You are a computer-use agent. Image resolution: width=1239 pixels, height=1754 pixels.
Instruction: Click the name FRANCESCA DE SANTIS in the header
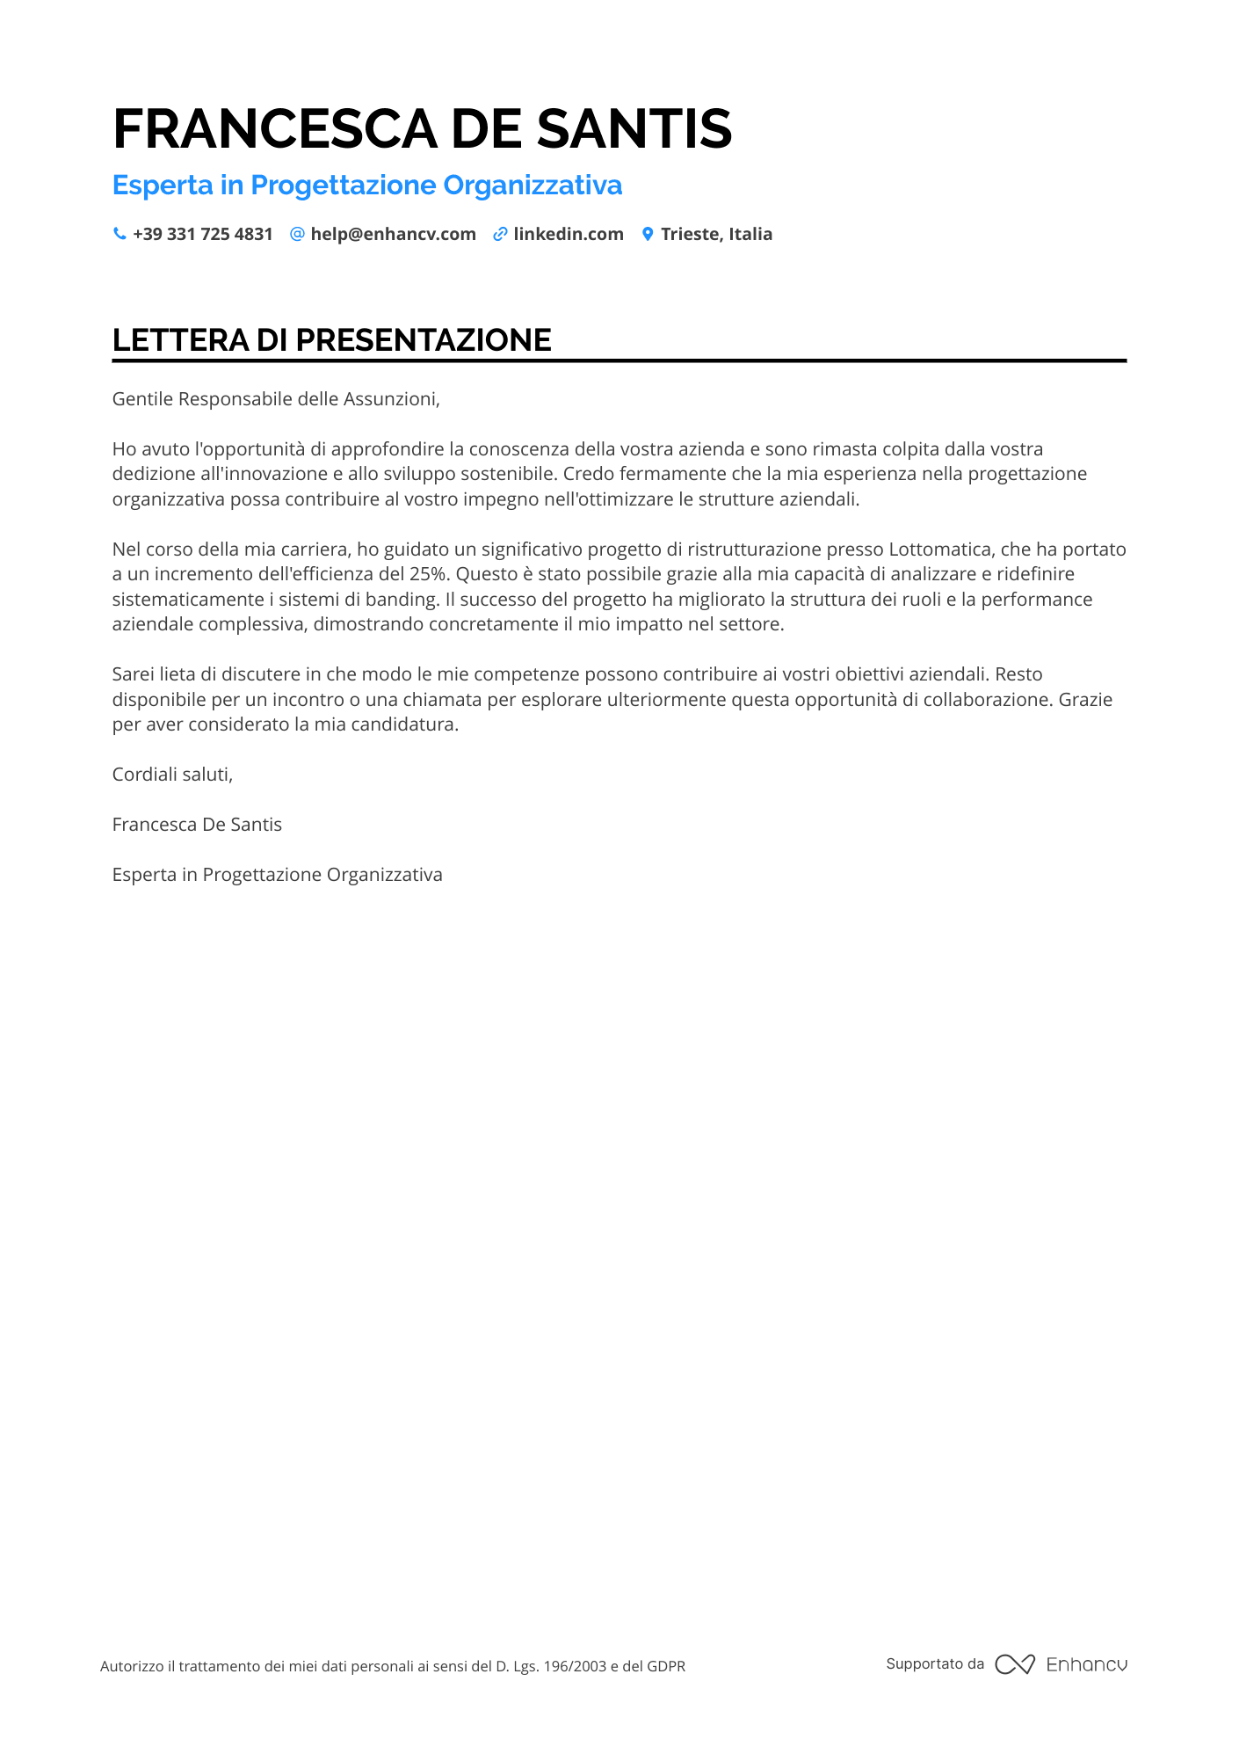(x=422, y=128)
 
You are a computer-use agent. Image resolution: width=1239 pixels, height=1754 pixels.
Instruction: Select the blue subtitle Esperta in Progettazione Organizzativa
(x=367, y=186)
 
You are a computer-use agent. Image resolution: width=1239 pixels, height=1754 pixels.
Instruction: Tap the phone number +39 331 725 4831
(x=202, y=234)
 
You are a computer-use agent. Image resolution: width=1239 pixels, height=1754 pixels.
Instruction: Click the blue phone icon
(x=120, y=234)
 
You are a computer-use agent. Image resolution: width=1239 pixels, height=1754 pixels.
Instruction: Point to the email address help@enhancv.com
(x=393, y=234)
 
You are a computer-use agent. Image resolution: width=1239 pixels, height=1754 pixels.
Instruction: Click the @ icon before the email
(x=297, y=234)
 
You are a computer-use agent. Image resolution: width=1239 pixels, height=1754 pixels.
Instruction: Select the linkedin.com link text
(x=569, y=234)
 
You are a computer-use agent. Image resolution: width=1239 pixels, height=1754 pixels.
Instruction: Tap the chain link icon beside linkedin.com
(x=500, y=234)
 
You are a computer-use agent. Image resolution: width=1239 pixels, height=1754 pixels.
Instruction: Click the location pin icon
(x=648, y=234)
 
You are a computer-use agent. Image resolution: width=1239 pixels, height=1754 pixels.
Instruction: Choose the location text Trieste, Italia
(x=716, y=234)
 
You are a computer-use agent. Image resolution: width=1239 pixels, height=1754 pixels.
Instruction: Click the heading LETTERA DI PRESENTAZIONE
(x=331, y=340)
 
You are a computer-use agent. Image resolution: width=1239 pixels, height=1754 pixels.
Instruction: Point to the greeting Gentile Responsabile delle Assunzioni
(x=276, y=399)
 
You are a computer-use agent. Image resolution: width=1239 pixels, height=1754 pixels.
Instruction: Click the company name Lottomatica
(x=939, y=549)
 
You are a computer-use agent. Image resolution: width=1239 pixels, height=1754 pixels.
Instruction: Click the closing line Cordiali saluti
(x=172, y=775)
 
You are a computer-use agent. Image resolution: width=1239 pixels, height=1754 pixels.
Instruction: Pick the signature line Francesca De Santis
(x=197, y=825)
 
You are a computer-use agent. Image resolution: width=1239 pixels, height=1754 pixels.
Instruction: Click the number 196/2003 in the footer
(x=576, y=1666)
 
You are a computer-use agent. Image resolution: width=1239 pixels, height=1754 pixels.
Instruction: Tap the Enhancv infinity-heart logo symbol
(x=1015, y=1664)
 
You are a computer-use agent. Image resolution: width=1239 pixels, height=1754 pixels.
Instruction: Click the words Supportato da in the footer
(x=935, y=1664)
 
